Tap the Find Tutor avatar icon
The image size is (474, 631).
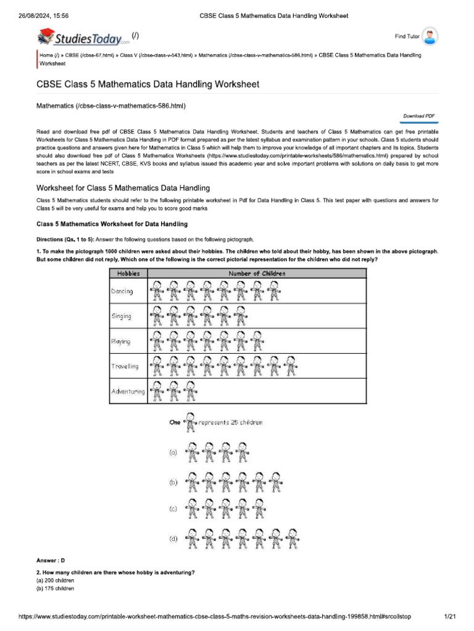tap(431, 37)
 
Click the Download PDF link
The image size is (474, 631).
tap(419, 116)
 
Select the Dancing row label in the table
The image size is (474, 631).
tap(122, 291)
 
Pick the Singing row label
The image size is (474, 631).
tap(121, 316)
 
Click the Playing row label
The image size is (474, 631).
tap(120, 341)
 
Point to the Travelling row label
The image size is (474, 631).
tap(125, 366)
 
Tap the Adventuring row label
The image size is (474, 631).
tap(128, 391)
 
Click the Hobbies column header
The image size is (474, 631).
tap(128, 273)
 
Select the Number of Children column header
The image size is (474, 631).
tap(257, 273)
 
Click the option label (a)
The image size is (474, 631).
tap(173, 452)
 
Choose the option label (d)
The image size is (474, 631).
tap(173, 539)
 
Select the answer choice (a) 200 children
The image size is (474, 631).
tap(56, 580)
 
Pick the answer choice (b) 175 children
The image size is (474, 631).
tap(56, 588)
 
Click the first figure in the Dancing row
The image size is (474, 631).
tap(157, 291)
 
